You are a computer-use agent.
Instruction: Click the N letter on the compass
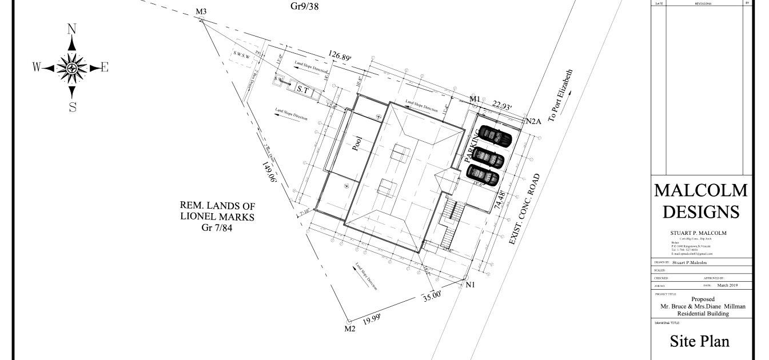[x=72, y=29]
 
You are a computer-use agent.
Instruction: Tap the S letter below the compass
[x=73, y=107]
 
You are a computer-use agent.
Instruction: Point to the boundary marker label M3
[x=201, y=11]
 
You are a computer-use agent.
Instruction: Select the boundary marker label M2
[x=350, y=329]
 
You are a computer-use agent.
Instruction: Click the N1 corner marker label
[x=470, y=285]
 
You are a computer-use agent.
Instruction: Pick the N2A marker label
[x=533, y=121]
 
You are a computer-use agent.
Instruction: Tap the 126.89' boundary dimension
[x=340, y=56]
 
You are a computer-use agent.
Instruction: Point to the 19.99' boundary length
[x=372, y=319]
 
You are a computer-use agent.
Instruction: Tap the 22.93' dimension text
[x=502, y=106]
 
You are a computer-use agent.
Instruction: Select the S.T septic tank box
[x=302, y=89]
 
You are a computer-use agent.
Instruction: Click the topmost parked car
[x=495, y=136]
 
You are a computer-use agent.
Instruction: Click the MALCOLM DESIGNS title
[x=700, y=201]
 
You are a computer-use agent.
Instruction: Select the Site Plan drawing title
[x=699, y=341]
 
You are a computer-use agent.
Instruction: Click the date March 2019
[x=727, y=285]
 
